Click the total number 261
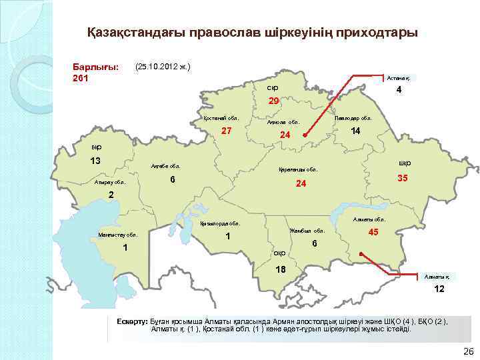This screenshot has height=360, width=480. point(80,79)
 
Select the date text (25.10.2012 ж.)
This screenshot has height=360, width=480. point(163,67)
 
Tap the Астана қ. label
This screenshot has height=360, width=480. point(402,77)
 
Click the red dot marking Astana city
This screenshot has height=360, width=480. point(305,135)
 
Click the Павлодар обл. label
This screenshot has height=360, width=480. point(353,118)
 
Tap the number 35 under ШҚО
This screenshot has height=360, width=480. point(403,179)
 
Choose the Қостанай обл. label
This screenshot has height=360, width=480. point(221,118)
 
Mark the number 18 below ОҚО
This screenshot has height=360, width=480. point(281,269)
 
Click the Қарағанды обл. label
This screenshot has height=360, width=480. point(297,170)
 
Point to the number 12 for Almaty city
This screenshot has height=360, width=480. point(438,290)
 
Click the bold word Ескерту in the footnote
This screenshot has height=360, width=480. point(132,321)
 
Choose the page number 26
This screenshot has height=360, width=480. point(467,351)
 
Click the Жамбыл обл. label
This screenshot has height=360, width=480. point(307,231)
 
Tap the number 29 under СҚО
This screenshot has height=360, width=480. point(273,101)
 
